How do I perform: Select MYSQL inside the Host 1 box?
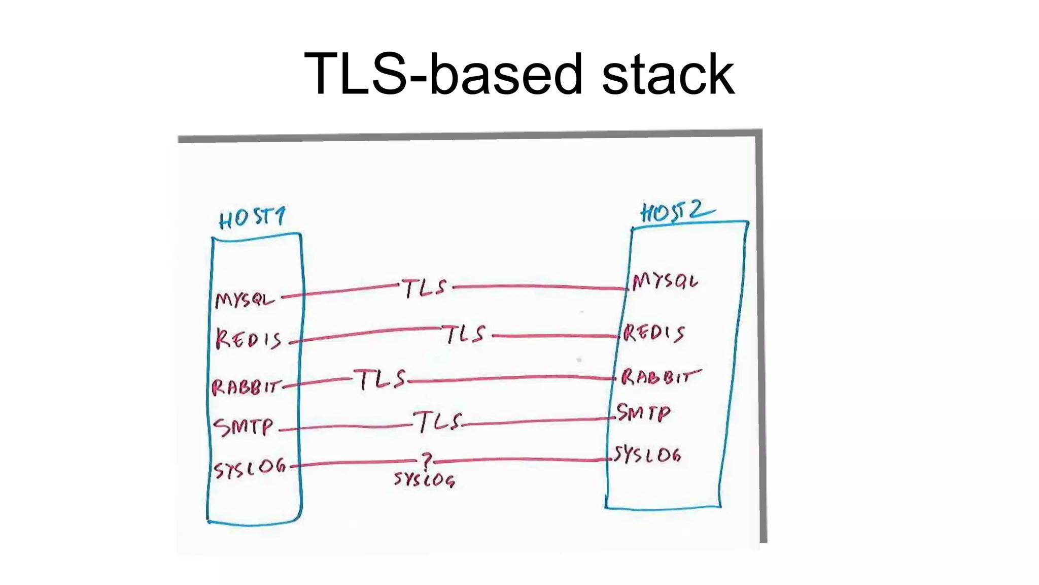(x=245, y=299)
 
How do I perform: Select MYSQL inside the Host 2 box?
(x=665, y=281)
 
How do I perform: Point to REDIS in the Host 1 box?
(x=249, y=339)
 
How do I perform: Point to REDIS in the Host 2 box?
(x=654, y=333)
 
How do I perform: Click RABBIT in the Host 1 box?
(x=246, y=387)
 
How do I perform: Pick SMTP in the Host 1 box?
(x=244, y=427)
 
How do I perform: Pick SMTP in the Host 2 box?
(x=643, y=412)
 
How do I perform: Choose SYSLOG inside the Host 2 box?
(x=647, y=454)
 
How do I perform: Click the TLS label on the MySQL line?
(x=425, y=288)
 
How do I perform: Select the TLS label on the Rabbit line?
(x=381, y=379)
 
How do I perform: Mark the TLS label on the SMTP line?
(x=437, y=421)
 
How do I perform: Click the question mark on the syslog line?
(x=427, y=461)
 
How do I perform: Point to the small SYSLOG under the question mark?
(x=424, y=479)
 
